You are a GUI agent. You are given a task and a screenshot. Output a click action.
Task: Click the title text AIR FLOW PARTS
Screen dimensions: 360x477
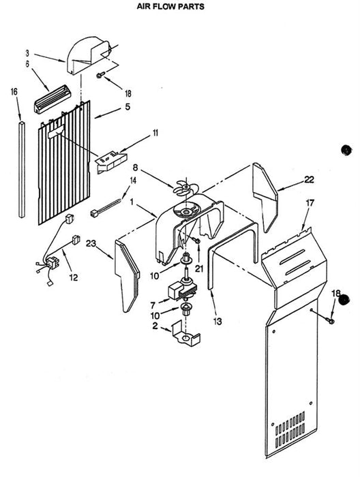[170, 6]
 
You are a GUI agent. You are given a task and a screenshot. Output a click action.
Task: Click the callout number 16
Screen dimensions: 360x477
[14, 91]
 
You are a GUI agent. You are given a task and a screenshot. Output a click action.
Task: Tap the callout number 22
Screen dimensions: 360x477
[309, 180]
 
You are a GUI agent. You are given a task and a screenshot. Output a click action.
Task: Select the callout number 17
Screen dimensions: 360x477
[310, 203]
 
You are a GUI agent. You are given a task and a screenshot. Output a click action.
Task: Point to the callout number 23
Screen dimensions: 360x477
[91, 243]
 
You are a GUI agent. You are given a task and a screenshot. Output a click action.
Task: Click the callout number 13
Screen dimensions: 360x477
[217, 321]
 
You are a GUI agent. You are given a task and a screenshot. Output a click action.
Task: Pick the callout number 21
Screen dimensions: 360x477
[199, 268]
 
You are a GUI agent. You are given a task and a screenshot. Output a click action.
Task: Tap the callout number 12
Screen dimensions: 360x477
[74, 277]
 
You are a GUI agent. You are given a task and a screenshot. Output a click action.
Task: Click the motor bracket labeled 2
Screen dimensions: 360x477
[185, 335]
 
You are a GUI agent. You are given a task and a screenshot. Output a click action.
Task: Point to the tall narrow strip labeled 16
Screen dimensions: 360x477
[22, 170]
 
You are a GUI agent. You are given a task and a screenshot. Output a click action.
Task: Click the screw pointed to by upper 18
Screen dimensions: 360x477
[101, 75]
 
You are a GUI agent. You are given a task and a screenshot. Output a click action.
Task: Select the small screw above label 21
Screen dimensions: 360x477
[197, 241]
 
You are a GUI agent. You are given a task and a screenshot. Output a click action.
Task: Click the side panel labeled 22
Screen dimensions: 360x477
[265, 197]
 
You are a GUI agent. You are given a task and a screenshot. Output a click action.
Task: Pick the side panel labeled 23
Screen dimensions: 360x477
[127, 276]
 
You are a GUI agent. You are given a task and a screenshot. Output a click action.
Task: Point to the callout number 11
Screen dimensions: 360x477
[155, 133]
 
